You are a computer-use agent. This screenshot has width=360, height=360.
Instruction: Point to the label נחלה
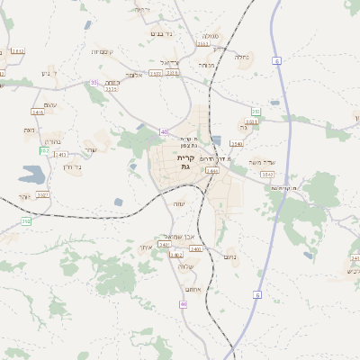(x=242, y=57)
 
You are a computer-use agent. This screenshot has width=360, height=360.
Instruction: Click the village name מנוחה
(x=207, y=65)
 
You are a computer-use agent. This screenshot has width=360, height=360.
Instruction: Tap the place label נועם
(x=229, y=256)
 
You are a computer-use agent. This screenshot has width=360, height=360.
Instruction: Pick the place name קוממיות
(x=101, y=52)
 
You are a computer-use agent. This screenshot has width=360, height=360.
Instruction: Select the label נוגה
(x=30, y=130)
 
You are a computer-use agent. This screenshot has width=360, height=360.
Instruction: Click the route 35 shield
(x=94, y=83)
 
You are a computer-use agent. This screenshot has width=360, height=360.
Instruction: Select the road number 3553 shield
(x=203, y=42)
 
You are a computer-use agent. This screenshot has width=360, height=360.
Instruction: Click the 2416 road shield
(x=38, y=112)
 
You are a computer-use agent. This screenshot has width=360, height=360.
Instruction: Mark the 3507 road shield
(x=42, y=194)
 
